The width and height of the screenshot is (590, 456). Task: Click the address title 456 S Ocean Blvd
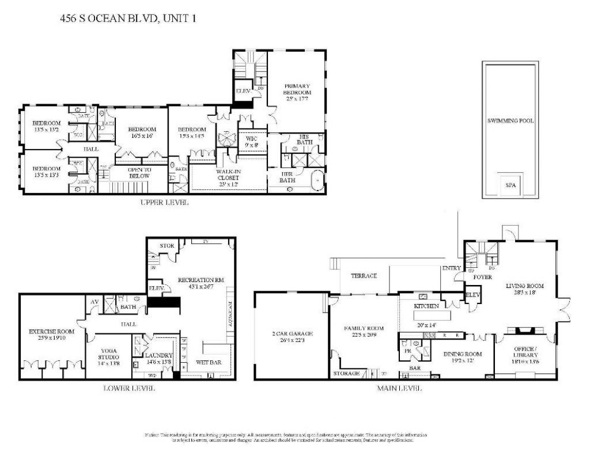[x=128, y=18]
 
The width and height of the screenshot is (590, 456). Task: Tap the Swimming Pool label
[x=510, y=121]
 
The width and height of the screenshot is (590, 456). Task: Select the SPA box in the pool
[x=510, y=185]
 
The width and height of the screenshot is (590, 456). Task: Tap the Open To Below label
[x=139, y=172]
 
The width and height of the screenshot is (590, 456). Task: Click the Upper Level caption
[x=164, y=203]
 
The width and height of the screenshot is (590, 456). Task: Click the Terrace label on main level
[x=364, y=276]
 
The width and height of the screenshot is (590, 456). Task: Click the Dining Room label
[x=462, y=357]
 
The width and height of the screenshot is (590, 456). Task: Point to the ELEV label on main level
[x=472, y=294]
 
